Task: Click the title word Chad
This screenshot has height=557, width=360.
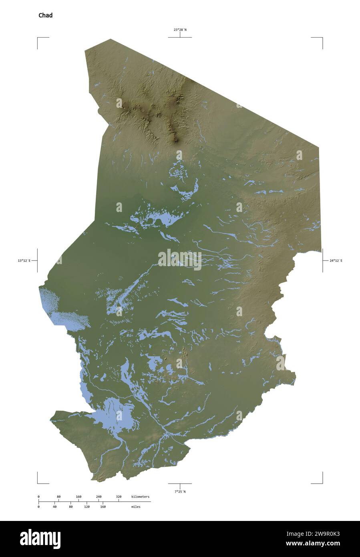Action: pos(45,16)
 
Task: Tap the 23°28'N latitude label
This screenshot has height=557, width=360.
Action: pos(180,30)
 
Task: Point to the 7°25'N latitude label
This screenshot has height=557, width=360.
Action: pos(180,491)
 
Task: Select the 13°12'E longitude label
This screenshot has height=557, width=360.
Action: pos(24,261)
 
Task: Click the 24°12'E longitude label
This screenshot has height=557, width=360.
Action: pos(336,261)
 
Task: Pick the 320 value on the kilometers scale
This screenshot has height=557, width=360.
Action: pos(119,497)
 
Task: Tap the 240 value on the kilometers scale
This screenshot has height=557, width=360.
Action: pos(99,497)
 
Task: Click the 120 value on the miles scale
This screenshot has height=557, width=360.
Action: pos(86,507)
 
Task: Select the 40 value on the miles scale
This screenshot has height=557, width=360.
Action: pos(54,507)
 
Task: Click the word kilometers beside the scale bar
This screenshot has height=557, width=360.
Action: pos(140,497)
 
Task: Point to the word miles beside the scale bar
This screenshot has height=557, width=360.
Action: pos(136,507)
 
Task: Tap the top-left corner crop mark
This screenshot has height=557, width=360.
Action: pos(38,38)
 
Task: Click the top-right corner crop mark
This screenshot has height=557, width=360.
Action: pos(322,38)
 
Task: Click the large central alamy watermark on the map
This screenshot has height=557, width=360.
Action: pos(180,260)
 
